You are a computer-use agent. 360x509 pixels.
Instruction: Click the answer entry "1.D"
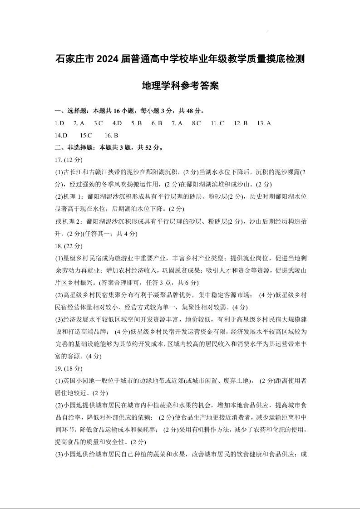tap(59, 123)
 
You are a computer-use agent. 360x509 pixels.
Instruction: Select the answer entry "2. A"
tap(79, 123)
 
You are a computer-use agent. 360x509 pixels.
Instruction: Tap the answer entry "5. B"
tap(137, 123)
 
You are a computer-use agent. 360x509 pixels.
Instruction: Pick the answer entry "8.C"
tap(196, 123)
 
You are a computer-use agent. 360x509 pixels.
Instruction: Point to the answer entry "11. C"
tap(217, 123)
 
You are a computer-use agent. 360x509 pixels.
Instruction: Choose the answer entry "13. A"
tap(264, 123)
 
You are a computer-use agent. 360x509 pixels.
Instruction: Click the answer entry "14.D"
tap(61, 135)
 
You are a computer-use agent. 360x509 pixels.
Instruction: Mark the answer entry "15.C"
tap(86, 135)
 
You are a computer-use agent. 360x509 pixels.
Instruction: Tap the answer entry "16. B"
tap(111, 135)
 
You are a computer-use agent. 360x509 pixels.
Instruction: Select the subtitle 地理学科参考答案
tap(180, 85)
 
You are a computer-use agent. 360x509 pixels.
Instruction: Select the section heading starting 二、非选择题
tap(108, 147)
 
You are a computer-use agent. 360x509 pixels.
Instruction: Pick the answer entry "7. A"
tap(177, 123)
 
